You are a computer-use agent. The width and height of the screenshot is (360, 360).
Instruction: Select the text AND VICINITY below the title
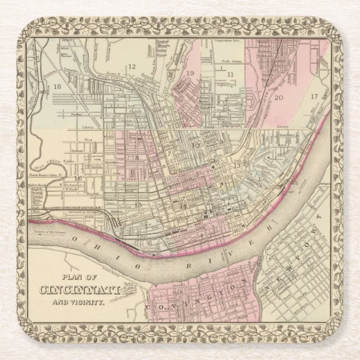click(77, 302)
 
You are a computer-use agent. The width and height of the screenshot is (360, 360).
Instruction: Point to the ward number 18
click(58, 86)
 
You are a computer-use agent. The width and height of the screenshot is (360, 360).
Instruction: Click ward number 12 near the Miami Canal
click(132, 67)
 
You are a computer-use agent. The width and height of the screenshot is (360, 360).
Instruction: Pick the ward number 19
click(190, 73)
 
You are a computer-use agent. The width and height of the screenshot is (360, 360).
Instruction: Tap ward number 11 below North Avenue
click(230, 74)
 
